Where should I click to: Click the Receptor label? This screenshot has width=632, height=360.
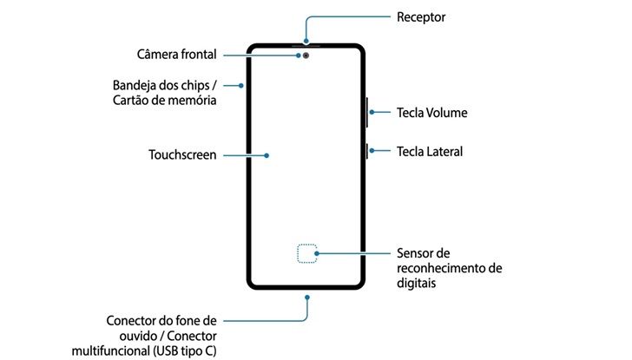click(421, 16)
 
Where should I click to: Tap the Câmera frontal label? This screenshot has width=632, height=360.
click(176, 55)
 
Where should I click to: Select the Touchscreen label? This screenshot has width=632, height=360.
click(182, 156)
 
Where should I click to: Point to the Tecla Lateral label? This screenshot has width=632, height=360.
click(430, 151)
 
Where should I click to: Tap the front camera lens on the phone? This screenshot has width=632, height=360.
click(306, 55)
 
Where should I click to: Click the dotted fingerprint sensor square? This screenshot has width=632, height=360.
click(307, 253)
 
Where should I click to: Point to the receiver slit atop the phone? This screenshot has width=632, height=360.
click(306, 43)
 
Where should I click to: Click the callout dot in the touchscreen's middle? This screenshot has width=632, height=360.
click(267, 156)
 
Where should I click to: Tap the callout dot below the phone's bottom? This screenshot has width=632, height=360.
click(306, 296)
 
